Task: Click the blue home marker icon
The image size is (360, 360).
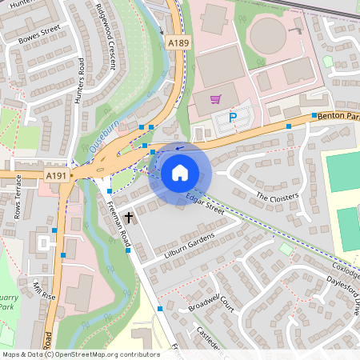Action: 179,173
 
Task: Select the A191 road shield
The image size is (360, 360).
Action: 56,175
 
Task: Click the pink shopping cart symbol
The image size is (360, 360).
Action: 214,100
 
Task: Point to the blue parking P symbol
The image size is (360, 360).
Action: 233,118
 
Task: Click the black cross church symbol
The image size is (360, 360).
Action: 128,217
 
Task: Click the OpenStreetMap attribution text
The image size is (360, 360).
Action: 80,354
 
